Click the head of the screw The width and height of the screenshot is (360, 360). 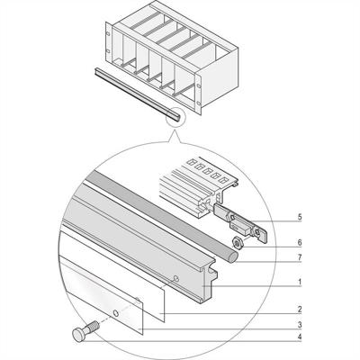tap(76, 335)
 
